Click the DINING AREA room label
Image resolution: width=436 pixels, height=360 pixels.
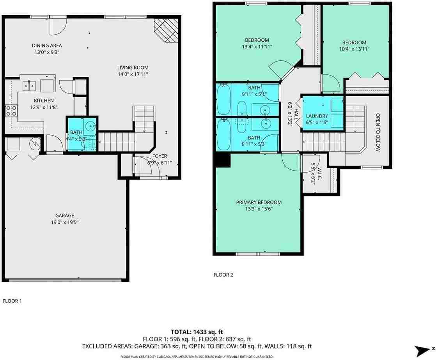(x=47, y=45)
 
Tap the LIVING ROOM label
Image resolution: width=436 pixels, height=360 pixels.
(x=133, y=67)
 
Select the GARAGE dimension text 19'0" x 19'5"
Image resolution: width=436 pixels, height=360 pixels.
(x=64, y=222)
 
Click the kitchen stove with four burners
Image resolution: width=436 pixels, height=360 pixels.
(x=11, y=111)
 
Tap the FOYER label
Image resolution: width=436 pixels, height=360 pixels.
(x=160, y=156)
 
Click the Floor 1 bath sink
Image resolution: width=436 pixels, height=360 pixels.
(x=90, y=126)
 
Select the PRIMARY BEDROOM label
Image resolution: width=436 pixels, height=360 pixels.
(x=259, y=202)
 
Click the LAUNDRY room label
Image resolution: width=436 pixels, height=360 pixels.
(x=317, y=116)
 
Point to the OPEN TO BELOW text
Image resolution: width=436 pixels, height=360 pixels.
(x=378, y=132)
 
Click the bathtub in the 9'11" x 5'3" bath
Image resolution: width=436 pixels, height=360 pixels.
(x=224, y=134)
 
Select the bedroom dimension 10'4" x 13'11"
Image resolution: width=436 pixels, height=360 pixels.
(x=354, y=49)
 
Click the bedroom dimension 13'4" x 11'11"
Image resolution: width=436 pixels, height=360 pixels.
(x=257, y=46)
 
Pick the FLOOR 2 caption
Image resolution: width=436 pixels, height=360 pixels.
(x=223, y=275)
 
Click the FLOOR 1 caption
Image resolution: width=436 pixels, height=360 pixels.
(x=12, y=301)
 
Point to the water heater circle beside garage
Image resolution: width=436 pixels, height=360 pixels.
(x=35, y=143)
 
